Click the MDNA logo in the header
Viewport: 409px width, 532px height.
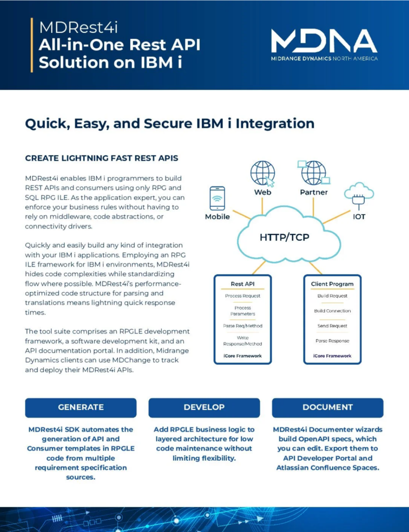324,45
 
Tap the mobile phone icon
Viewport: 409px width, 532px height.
217,198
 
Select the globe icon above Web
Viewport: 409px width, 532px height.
263,174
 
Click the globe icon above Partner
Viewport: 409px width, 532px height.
314,172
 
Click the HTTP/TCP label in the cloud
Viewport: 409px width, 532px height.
284,237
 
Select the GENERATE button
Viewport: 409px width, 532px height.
81,407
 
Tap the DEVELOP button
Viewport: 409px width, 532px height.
204,407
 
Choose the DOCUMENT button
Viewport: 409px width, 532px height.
327,407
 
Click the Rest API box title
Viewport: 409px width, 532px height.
242,284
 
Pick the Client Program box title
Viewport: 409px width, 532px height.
332,284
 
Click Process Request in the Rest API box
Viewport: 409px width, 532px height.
242,296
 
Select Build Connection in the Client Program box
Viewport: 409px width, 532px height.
332,311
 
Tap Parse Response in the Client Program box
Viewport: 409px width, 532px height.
332,341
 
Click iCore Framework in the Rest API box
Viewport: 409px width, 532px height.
242,356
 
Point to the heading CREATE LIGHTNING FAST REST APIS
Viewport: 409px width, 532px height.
101,158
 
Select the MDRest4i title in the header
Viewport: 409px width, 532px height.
79,28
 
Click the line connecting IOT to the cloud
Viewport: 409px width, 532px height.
337,217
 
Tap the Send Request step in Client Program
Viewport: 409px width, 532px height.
332,326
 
